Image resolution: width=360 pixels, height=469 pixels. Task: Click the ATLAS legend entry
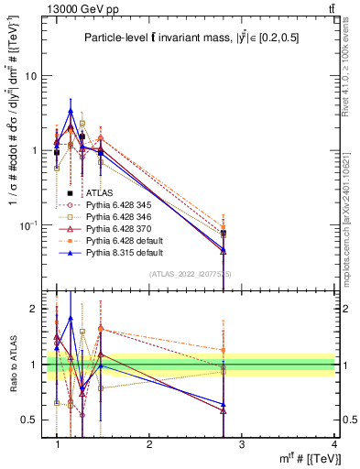click(100, 193)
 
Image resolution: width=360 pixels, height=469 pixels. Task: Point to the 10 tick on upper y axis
click(32, 76)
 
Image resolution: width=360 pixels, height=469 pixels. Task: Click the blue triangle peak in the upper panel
click(71, 111)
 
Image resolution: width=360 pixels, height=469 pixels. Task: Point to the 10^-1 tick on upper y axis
click(30, 224)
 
